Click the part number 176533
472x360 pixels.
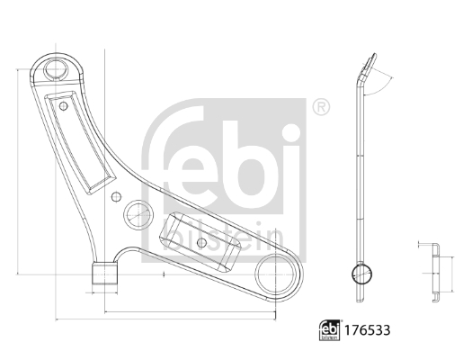point(367,330)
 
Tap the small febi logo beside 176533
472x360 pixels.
point(329,330)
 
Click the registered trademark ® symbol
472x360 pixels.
point(321,107)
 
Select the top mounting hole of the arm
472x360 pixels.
point(56,69)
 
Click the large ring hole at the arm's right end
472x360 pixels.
point(275,274)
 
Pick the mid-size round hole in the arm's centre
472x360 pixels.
point(138,215)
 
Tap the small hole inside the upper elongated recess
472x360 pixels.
point(63,106)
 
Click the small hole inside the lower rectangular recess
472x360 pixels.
point(201,242)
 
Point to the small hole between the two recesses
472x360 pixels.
point(116,197)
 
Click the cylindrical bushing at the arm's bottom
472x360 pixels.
point(104,274)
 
